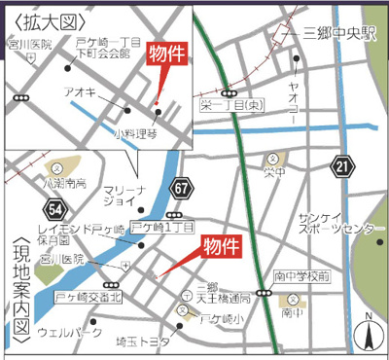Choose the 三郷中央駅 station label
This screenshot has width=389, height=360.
point(338,32)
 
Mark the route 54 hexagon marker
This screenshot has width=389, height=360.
point(54,207)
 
